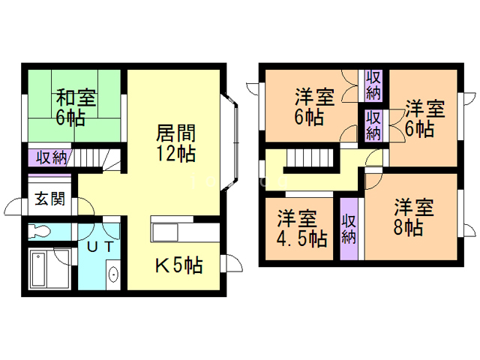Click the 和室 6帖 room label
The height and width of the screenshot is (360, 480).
click(76, 107)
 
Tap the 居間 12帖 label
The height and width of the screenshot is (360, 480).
click(175, 142)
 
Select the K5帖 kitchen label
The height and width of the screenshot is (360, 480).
click(178, 265)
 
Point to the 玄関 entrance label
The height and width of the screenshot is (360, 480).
click(50, 199)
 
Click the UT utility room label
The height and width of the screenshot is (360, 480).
click(100, 247)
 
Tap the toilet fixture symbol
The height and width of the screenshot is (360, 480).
click(39, 231)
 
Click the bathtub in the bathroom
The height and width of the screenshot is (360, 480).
click(50, 268)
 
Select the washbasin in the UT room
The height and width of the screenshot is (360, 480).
click(113, 274)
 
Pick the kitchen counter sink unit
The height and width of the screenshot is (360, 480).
click(164, 232)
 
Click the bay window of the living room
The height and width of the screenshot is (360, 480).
click(229, 142)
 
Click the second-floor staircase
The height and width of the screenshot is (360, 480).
click(309, 158)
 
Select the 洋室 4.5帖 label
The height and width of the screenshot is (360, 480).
click(301, 229)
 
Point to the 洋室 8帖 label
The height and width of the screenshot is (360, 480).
click(413, 217)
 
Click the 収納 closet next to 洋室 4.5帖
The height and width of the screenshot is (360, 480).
click(349, 229)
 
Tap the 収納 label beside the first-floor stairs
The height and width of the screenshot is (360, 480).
click(51, 158)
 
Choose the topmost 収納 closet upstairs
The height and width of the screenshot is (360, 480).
click(373, 85)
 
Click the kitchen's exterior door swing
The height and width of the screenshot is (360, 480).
click(232, 263)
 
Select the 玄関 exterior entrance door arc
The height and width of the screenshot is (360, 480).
click(13, 207)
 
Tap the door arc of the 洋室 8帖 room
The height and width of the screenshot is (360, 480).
click(373, 182)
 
